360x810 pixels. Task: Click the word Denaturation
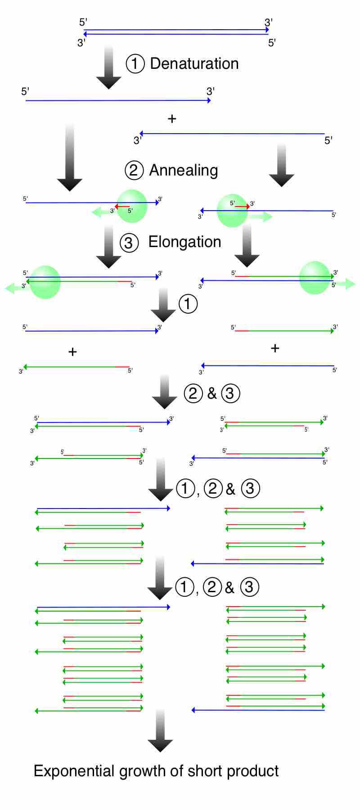(x=194, y=64)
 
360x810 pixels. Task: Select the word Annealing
(x=184, y=171)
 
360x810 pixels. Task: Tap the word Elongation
(x=184, y=242)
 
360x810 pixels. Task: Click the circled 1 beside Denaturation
(x=135, y=64)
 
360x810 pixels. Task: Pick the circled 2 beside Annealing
(x=134, y=170)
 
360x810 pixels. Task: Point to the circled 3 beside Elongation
(x=129, y=243)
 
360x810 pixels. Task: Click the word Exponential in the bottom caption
(x=74, y=771)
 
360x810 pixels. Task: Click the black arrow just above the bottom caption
(x=160, y=731)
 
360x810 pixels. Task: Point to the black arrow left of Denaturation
(x=108, y=67)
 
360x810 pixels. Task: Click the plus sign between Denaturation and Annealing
(x=172, y=119)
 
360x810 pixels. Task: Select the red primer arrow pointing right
(x=242, y=206)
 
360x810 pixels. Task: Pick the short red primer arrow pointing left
(x=122, y=207)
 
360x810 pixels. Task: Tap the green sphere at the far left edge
(x=45, y=282)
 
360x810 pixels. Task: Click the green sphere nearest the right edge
(x=315, y=278)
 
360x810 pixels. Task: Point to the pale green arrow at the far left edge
(x=13, y=288)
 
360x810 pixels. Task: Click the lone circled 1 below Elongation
(x=188, y=304)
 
